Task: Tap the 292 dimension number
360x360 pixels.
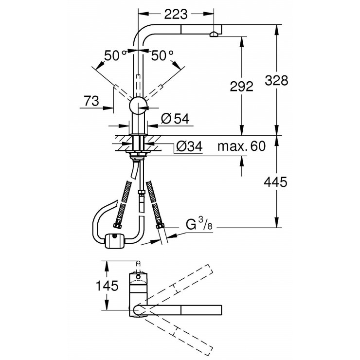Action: point(241,87)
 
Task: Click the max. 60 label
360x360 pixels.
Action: point(241,146)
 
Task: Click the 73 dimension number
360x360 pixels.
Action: point(91,101)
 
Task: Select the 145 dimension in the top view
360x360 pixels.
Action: point(107,286)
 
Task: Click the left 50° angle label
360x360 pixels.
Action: point(115,55)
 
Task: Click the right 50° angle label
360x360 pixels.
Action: point(162,55)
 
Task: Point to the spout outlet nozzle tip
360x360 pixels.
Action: point(213,34)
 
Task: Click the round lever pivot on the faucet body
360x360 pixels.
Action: point(138,105)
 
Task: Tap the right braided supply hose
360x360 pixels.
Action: point(155,204)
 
